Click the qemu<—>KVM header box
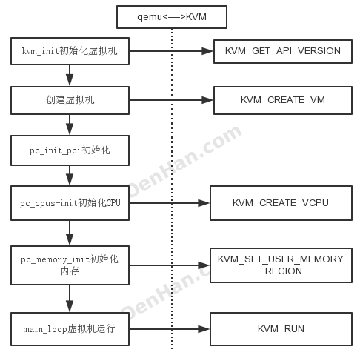point(172,16)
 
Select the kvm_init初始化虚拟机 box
point(70,52)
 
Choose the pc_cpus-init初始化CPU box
point(70,202)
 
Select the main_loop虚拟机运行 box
point(70,327)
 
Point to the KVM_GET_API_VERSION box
point(282,52)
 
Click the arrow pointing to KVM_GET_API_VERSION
point(171,52)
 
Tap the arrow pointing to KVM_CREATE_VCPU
point(170,202)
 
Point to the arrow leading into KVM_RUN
point(170,327)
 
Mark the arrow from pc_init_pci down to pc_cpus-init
point(70,176)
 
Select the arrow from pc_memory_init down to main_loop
point(70,298)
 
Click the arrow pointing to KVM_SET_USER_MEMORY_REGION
point(170,265)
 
